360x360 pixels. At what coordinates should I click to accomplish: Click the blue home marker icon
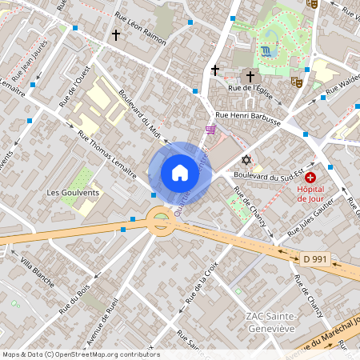tap(180, 173)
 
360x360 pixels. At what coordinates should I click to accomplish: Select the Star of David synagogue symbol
tap(246, 160)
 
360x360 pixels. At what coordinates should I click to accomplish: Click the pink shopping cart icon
tap(210, 130)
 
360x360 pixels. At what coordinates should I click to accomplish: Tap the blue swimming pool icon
tap(265, 52)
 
